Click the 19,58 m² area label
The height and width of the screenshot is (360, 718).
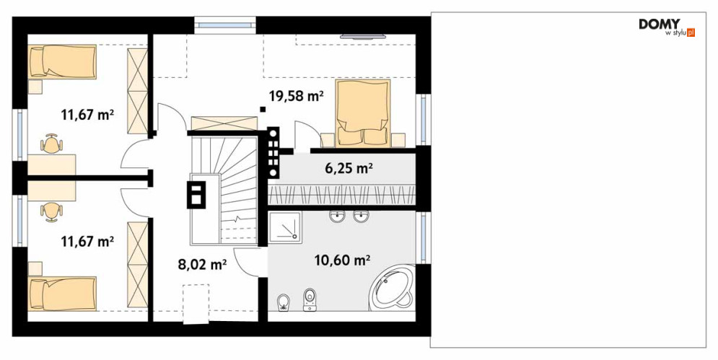pos(297,96)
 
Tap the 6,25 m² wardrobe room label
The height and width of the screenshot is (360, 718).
pos(349,169)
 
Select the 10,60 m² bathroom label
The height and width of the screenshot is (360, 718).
pos(342,260)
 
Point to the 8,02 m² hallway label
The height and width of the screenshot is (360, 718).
pos(202,264)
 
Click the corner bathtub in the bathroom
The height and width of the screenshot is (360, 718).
pos(392,288)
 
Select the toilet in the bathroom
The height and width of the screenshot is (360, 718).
pos(310,300)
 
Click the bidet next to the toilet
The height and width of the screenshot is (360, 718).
pos(284,302)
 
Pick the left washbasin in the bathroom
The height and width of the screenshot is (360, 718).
pos(338,216)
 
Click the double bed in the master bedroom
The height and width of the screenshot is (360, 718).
pos(363,113)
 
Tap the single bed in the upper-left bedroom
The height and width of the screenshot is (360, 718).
pos(62,62)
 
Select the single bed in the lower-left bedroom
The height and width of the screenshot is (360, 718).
pos(62,294)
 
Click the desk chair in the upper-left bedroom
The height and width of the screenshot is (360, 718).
pos(51,144)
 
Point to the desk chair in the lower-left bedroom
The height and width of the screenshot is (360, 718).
pos(51,212)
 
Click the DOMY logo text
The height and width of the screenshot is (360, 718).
pos(660,25)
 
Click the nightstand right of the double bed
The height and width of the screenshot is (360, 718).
pos(399,140)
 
